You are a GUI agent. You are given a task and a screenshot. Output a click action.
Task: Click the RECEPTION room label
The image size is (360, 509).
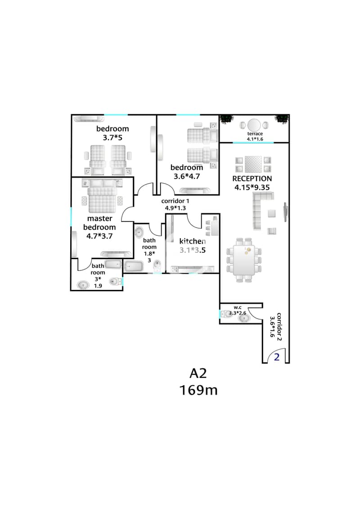pos(252,179)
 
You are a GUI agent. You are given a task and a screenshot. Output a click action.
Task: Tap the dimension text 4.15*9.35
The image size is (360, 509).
pos(252,187)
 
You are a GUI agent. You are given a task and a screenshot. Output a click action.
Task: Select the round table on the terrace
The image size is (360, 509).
pos(254,125)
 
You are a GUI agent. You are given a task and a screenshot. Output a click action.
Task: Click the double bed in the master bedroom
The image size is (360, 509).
pos(102,198)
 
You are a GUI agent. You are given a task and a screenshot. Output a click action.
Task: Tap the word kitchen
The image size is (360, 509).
pos(193,241)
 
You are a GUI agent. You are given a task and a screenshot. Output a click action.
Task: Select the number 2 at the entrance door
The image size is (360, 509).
pos(277,357)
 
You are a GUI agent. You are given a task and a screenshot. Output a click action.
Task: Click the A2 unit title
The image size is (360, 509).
pos(198,373)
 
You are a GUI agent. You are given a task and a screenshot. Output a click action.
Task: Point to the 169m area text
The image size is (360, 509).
pos(198,390)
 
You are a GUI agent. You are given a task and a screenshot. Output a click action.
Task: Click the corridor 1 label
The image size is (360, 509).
pos(175,201)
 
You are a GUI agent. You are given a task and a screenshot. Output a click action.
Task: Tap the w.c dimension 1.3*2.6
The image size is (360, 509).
pos(238,313)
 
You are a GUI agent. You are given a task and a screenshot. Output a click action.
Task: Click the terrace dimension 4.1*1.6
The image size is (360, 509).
pos(255,139)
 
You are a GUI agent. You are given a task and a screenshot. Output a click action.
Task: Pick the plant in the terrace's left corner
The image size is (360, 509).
pos(226,119)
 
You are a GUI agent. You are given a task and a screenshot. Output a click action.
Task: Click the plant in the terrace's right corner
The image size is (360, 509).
pos(281,119)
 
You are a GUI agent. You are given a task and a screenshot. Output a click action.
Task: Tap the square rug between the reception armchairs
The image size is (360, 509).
pos(253,164)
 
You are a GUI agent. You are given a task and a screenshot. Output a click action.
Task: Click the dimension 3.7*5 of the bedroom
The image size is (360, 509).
pos(112,138)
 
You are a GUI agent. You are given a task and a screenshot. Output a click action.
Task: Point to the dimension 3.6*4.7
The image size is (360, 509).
pos(187,176)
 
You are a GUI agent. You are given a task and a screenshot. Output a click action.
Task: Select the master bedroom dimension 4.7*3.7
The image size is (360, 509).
pos(99,236)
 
